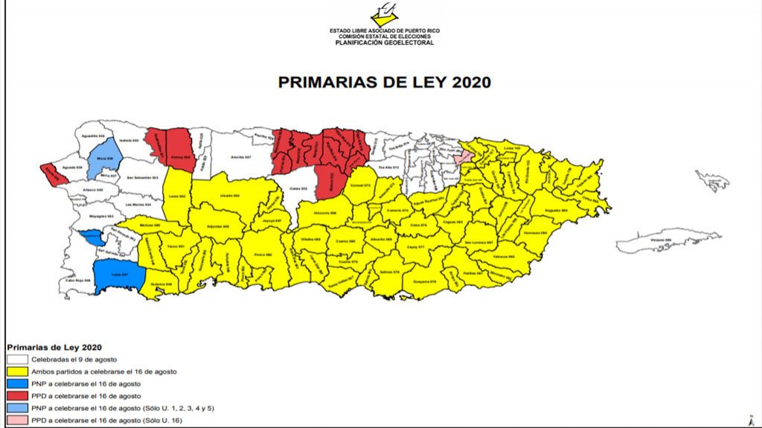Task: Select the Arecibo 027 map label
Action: tap(237, 157)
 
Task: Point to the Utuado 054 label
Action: tap(230, 196)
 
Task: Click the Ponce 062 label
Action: tap(263, 255)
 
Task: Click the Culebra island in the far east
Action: tap(712, 179)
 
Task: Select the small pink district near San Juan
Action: tap(464, 156)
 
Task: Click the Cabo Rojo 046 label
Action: tap(77, 281)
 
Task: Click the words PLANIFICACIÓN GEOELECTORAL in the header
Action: tap(384, 42)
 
